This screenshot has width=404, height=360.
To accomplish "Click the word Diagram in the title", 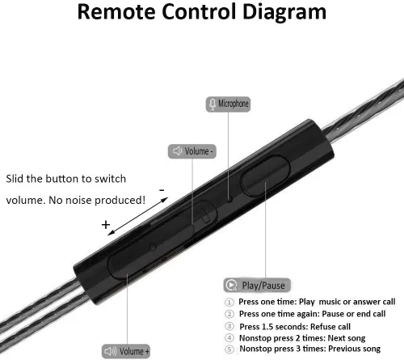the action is (284, 12).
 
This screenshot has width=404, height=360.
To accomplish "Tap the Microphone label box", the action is (228, 104).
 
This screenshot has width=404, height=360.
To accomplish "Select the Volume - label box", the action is (192, 151).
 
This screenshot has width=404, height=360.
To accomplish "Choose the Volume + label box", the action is (126, 351).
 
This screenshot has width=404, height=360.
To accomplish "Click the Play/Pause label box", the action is (257, 285).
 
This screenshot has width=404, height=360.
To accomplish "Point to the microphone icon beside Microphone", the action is (213, 104).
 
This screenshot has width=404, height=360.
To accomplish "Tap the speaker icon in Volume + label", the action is (111, 351).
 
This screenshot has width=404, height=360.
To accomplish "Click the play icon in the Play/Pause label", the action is (231, 285).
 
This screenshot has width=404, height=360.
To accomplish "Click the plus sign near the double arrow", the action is (106, 224).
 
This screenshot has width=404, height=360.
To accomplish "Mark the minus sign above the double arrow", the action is (162, 190).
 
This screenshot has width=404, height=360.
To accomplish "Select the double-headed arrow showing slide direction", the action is (137, 216).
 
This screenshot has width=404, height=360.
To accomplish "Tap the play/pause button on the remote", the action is (265, 176).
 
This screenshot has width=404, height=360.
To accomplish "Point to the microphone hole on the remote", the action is (229, 200).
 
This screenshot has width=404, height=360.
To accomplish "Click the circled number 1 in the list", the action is (229, 302).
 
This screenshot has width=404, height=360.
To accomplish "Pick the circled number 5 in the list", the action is (229, 349).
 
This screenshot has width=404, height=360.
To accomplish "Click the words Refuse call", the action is (330, 327).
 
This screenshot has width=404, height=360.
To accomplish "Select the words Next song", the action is (347, 338).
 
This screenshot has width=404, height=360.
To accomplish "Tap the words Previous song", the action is (355, 349).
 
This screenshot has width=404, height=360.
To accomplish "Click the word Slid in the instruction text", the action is (15, 179).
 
